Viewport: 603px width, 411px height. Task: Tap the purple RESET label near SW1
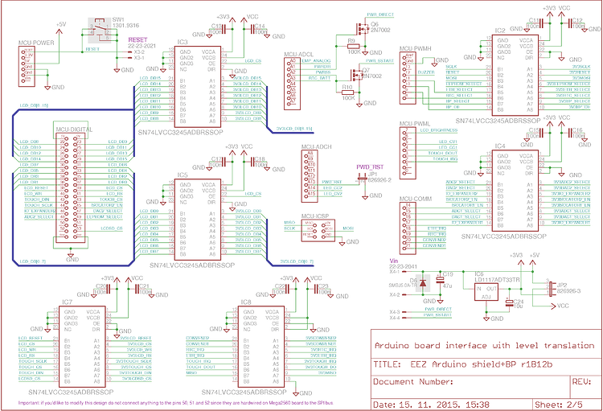138,39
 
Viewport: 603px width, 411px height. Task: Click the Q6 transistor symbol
360,27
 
